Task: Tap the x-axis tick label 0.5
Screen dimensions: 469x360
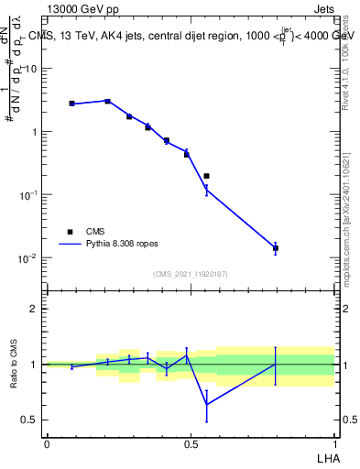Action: pyautogui.click(x=191, y=443)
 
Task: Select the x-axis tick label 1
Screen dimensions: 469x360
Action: pyautogui.click(x=334, y=443)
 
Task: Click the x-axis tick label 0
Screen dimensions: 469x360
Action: pyautogui.click(x=47, y=443)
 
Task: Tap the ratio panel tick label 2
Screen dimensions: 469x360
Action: pyautogui.click(x=35, y=309)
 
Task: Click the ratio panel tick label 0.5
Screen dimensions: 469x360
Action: pyautogui.click(x=30, y=420)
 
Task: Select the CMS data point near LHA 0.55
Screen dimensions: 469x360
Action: pyautogui.click(x=207, y=176)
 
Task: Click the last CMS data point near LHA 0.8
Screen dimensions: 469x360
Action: pyautogui.click(x=276, y=248)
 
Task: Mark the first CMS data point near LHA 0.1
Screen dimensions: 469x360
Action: pyautogui.click(x=72, y=104)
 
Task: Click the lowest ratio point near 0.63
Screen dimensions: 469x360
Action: pyautogui.click(x=207, y=404)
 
